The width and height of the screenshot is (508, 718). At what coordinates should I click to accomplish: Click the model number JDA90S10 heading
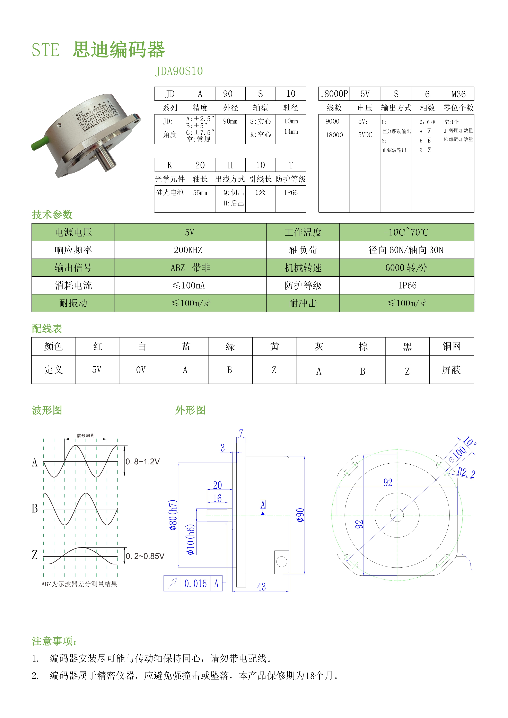coord(179,71)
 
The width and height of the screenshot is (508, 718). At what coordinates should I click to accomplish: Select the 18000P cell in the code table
coord(334,94)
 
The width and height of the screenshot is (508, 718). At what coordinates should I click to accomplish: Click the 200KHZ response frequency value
coord(188,250)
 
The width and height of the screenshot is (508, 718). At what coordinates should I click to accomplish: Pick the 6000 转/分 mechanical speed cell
coord(406,268)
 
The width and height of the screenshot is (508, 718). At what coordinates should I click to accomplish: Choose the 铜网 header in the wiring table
coord(451,347)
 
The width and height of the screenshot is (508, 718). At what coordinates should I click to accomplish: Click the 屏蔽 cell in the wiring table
coord(451,370)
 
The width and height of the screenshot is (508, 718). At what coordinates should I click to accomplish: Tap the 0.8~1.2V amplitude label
coord(143,462)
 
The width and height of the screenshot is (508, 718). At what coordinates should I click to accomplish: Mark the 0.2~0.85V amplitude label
coord(145,556)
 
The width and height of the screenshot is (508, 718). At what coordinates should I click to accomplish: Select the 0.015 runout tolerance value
coord(195,584)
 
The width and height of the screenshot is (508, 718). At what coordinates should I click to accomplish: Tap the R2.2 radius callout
coord(466,473)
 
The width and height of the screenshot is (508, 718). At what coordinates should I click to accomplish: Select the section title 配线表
coord(47,329)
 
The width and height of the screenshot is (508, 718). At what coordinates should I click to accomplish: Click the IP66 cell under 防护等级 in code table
coord(291,193)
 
